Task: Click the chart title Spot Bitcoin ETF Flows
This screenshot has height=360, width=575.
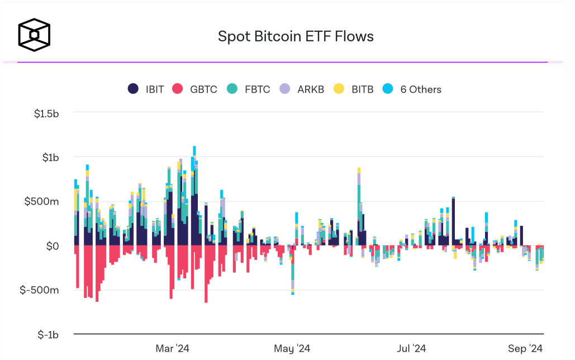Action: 296,36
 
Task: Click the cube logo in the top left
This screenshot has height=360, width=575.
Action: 34,34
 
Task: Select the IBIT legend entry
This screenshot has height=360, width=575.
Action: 146,89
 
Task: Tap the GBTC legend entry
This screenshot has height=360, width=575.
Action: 195,89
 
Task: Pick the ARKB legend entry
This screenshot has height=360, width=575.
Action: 302,89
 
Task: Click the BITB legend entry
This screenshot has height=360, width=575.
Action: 354,89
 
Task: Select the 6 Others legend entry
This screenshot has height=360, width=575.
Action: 412,89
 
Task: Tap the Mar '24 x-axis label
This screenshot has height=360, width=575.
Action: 173,349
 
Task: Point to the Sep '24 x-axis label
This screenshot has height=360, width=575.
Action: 526,349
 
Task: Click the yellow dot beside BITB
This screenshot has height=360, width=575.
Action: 339,89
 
